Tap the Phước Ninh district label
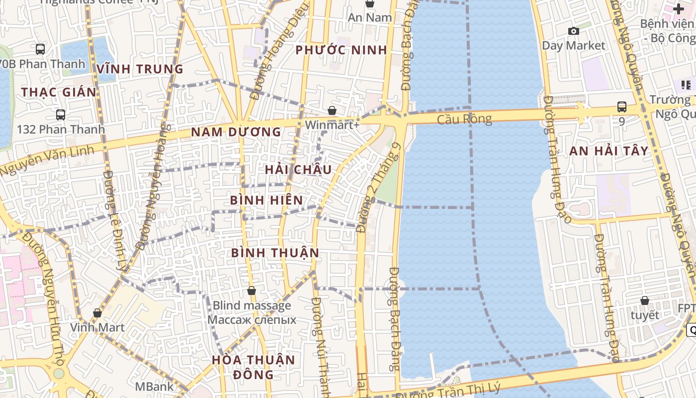click(x=341, y=50)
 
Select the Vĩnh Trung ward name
click(x=140, y=69)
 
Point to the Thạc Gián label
click(x=59, y=92)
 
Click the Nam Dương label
click(x=236, y=132)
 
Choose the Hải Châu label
click(x=298, y=170)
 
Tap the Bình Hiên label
click(x=266, y=200)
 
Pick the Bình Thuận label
click(x=275, y=253)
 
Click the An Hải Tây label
click(x=609, y=151)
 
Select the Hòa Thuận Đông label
click(x=253, y=367)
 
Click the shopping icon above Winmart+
click(x=332, y=110)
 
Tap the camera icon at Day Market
click(x=574, y=31)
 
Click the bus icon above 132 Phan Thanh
click(x=61, y=115)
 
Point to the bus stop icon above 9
click(x=621, y=107)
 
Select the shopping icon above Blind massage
click(x=252, y=291)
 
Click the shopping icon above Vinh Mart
click(x=97, y=313)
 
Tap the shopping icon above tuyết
click(x=644, y=300)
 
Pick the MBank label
click(x=155, y=387)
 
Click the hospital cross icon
click(x=679, y=9)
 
